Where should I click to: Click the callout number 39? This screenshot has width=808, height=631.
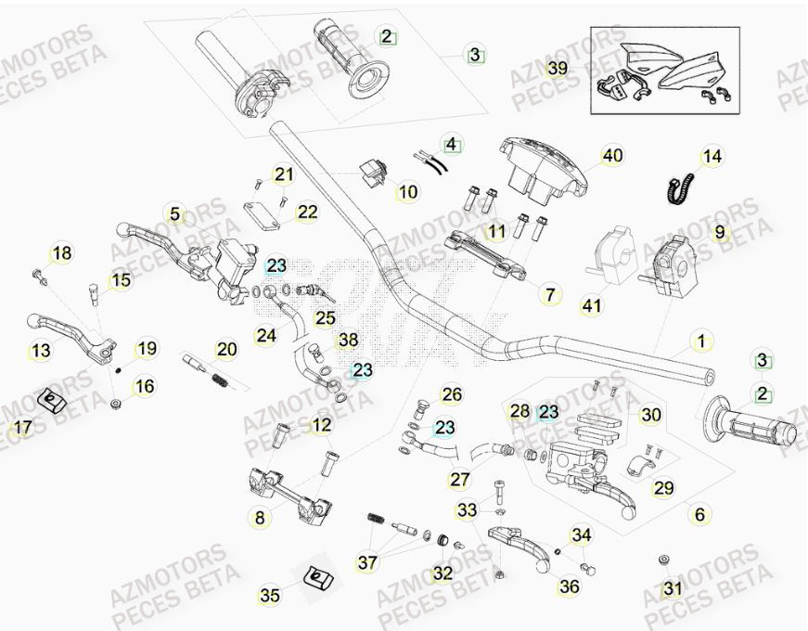click(x=558, y=70)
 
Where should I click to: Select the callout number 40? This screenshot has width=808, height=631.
click(x=613, y=156)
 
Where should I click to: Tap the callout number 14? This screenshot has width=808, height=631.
click(x=712, y=157)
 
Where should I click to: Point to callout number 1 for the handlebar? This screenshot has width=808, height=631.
click(x=701, y=341)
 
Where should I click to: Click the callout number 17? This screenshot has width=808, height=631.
click(x=20, y=428)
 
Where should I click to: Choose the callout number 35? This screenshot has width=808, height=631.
click(x=269, y=596)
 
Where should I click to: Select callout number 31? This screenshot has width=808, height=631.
click(x=673, y=588)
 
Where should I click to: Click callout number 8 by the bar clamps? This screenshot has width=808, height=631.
click(x=259, y=518)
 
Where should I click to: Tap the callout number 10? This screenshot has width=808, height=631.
click(x=408, y=192)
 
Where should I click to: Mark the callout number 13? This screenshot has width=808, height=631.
click(x=40, y=350)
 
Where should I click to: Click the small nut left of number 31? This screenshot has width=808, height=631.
click(x=664, y=560)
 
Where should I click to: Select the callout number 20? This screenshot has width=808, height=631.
click(x=226, y=350)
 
